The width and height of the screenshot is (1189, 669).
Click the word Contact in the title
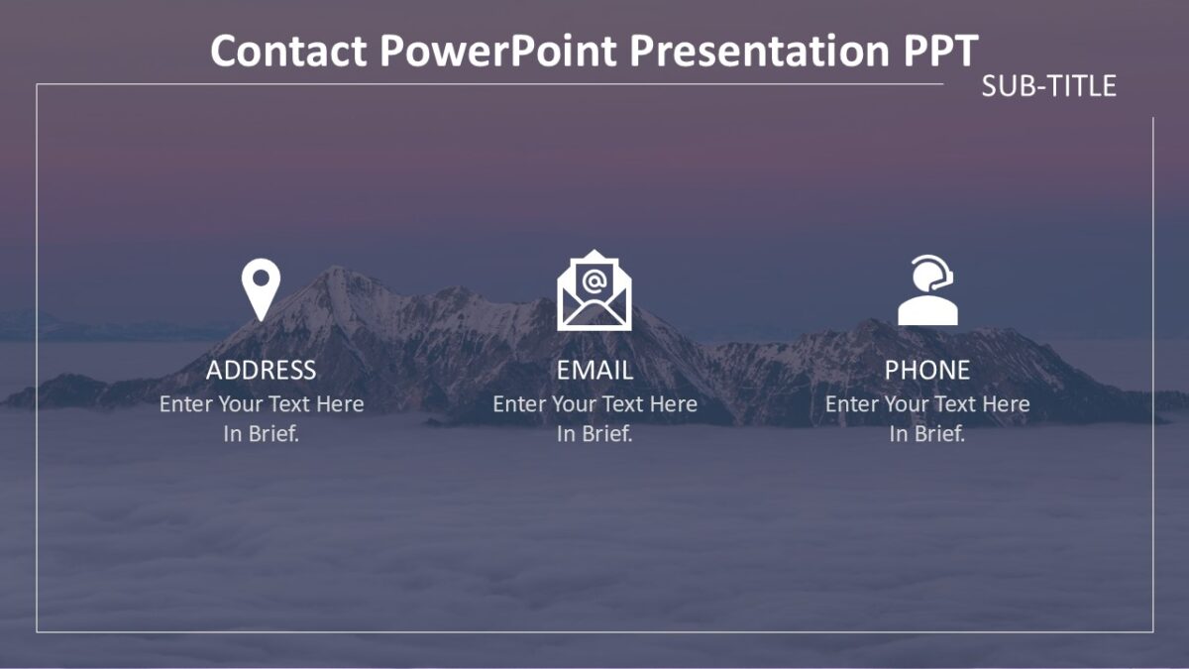click(288, 51)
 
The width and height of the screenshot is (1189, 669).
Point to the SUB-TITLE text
click(1048, 86)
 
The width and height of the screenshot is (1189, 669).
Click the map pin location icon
click(261, 288)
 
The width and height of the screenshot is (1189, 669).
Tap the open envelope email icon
click(594, 292)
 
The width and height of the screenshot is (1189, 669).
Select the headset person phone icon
click(927, 291)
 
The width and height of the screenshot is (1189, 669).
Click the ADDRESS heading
click(261, 371)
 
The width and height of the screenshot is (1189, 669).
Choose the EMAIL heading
click(594, 371)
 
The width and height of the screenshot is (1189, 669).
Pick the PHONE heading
click(926, 371)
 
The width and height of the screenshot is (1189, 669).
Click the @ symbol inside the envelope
click(594, 280)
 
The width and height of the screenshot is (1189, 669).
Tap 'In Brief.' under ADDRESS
click(261, 434)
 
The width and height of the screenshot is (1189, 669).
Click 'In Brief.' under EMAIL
click(594, 434)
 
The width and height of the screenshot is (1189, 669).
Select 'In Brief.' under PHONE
click(926, 434)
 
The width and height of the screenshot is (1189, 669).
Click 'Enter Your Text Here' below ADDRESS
click(261, 404)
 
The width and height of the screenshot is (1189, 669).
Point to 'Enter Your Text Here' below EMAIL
click(594, 404)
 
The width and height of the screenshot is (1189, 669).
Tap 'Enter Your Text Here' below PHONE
click(926, 404)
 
